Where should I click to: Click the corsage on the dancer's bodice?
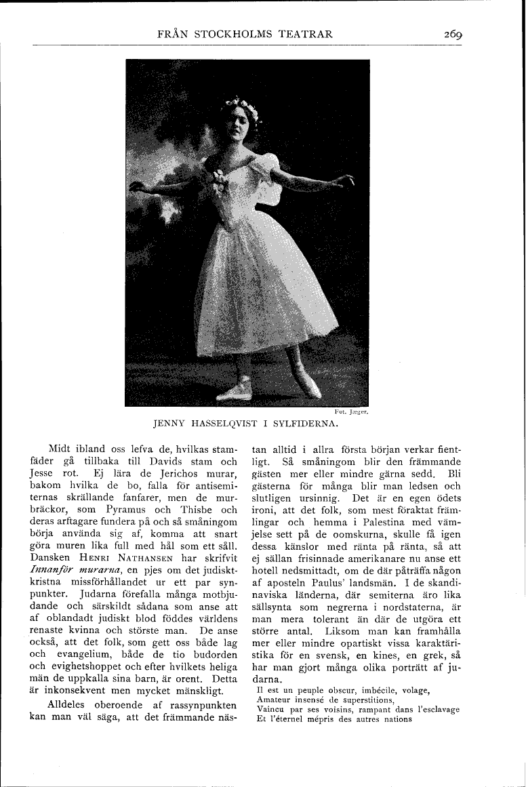point(218,180)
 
